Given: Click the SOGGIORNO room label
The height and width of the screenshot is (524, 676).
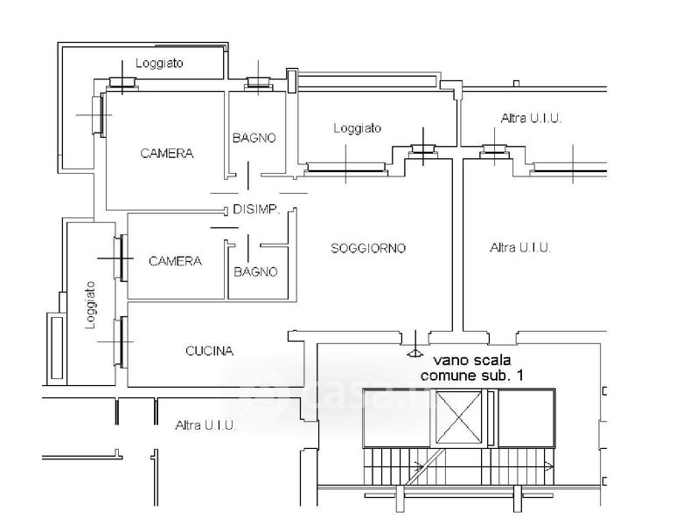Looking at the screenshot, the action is tap(368, 248).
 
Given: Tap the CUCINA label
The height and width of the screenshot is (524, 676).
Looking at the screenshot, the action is tap(210, 351).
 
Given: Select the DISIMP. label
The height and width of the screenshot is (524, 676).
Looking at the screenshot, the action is tap(256, 210).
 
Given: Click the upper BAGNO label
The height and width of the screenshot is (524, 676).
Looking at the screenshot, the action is tap(254, 138).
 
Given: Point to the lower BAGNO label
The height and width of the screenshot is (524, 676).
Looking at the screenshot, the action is tap(255, 272).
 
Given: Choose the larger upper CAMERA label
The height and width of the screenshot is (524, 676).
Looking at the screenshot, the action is tap(167, 154).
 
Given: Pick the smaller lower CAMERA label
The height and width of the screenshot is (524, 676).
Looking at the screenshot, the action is tap(175, 261).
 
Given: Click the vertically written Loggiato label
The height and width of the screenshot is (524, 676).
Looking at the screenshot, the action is tap(90, 305).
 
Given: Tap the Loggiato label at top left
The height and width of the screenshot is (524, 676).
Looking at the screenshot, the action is tap(159, 63).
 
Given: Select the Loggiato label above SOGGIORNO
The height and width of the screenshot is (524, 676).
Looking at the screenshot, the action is tap(358, 128).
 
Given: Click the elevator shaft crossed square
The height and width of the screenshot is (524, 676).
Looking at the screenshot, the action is tap(458, 417).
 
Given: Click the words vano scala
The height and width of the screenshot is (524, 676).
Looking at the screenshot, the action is tap(471, 360).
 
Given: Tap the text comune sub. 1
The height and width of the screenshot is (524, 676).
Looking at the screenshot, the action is tap(472, 376).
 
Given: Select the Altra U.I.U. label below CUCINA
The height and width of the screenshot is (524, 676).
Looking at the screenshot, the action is tap(206, 425).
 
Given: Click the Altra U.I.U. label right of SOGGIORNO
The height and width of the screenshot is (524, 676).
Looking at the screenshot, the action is tap(520, 247).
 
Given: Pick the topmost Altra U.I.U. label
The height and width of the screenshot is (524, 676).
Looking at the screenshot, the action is tap(531, 119).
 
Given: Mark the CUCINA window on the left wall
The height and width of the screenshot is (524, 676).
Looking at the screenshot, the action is tap(121, 342).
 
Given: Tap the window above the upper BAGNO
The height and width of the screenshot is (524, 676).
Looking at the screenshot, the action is tap(258, 84).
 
